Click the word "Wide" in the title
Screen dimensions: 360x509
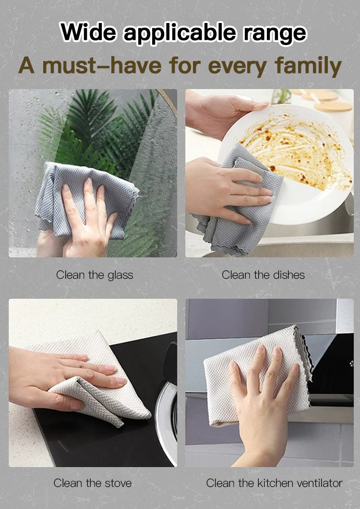88,32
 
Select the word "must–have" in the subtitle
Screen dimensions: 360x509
102,65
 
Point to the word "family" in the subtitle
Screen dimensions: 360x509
308,66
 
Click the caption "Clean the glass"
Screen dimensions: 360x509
95,275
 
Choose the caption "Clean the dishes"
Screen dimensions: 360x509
263,275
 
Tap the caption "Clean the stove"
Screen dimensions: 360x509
93,483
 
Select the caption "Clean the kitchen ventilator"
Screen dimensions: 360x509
274,483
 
